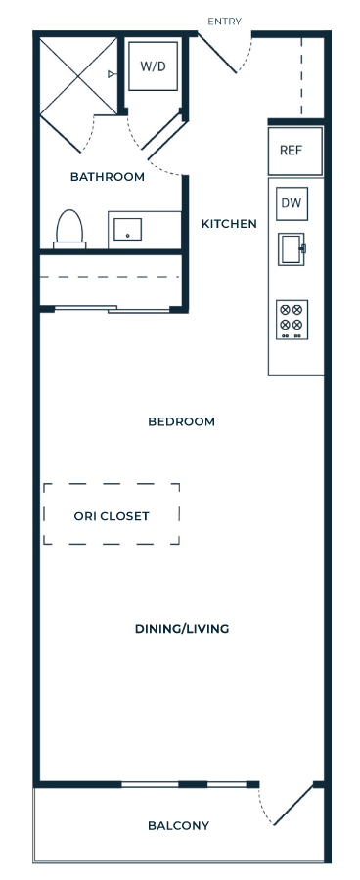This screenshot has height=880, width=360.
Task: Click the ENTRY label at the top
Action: [224, 22]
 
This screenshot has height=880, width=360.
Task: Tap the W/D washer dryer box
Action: [154, 66]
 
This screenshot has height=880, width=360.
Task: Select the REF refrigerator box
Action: [295, 151]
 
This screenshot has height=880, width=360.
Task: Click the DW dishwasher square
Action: [292, 203]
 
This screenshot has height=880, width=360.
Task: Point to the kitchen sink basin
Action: [292, 248]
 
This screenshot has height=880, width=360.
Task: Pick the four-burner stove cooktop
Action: [292, 320]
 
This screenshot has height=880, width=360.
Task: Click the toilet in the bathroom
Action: [69, 230]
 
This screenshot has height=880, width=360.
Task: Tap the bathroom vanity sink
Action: [127, 229]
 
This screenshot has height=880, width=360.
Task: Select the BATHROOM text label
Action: [108, 177]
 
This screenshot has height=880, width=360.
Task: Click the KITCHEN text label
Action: [229, 224]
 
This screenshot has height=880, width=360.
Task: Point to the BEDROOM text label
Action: [181, 421]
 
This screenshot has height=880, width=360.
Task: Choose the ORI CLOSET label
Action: [112, 515]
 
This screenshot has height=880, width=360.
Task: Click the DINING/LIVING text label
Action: [182, 629]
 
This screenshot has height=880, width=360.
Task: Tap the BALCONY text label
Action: [179, 825]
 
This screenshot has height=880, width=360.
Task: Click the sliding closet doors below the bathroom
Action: [112, 308]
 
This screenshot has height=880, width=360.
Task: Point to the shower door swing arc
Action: [90, 137]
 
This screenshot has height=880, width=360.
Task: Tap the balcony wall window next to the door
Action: [184, 784]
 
